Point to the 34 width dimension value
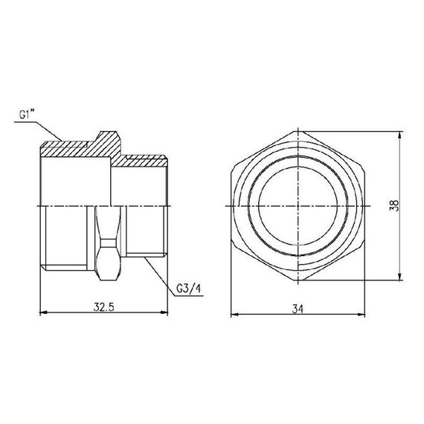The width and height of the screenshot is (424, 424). pyautogui.click(x=298, y=306)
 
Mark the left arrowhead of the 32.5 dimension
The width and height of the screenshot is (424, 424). pyautogui.click(x=39, y=312)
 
